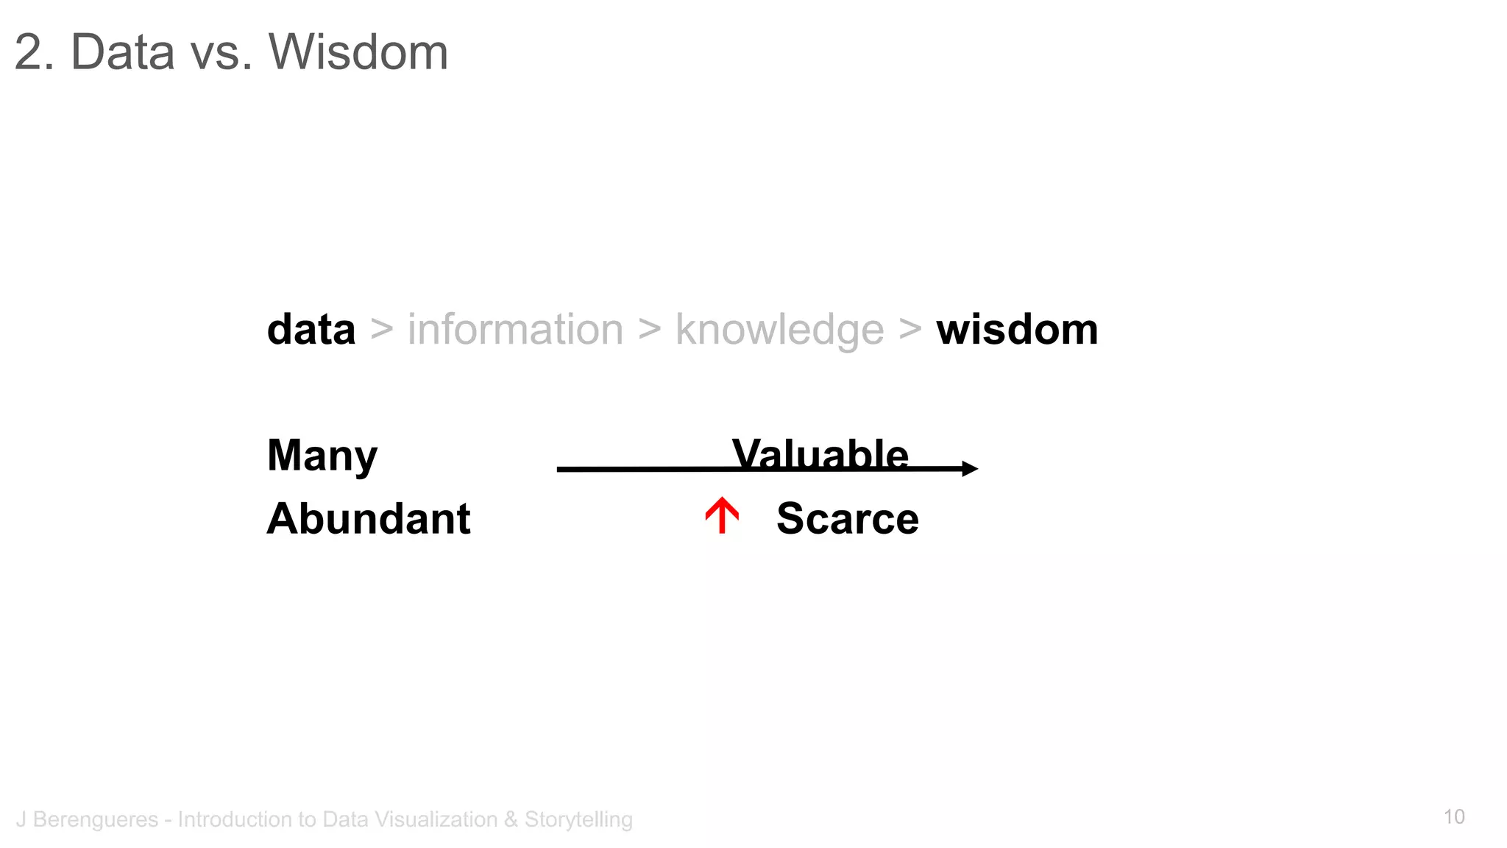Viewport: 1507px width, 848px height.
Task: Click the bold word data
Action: [311, 329]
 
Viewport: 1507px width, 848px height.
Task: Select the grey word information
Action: [515, 329]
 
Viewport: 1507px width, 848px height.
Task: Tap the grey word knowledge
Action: [779, 331]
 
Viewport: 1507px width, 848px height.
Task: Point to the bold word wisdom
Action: [1017, 329]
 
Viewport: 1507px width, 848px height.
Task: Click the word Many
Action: [322, 456]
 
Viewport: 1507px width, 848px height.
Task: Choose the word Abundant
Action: [369, 519]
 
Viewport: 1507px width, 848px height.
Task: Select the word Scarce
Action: [848, 519]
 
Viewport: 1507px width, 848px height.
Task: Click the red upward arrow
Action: [722, 515]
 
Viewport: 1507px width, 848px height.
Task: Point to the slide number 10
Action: [1454, 817]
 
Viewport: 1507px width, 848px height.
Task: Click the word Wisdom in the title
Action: [358, 52]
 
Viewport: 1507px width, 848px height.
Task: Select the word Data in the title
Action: [122, 52]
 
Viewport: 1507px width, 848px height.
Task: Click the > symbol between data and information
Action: [381, 329]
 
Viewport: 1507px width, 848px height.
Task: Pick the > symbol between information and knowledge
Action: [649, 329]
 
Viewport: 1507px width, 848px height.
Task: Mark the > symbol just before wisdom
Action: [909, 329]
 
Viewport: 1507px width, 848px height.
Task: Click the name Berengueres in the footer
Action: [96, 819]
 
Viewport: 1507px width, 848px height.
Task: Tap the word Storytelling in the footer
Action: [578, 819]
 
